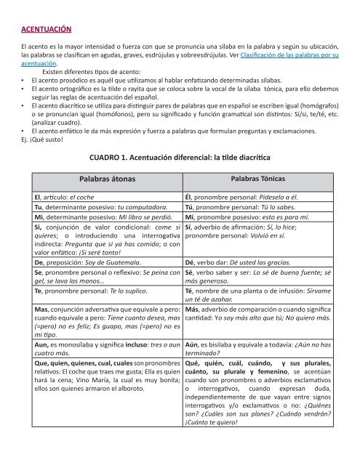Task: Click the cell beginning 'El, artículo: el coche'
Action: coord(69,196)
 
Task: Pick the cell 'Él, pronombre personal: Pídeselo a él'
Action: coord(247,196)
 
